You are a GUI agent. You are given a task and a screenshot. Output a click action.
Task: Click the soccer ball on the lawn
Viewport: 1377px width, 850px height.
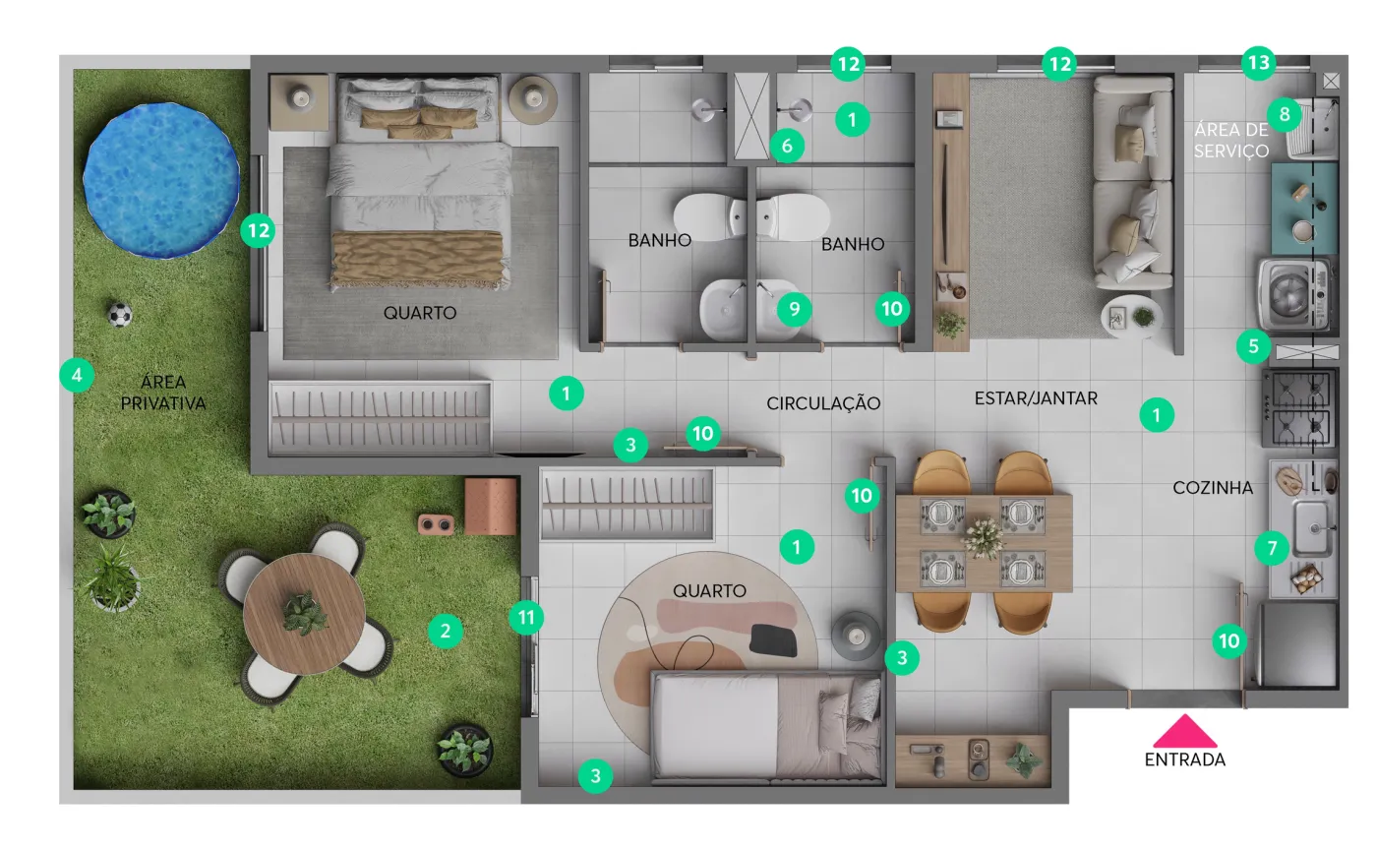[120, 315]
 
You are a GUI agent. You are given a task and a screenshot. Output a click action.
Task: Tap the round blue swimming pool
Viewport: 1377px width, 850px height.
[161, 180]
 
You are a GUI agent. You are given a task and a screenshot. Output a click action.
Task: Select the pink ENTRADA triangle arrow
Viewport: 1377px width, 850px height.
[1184, 731]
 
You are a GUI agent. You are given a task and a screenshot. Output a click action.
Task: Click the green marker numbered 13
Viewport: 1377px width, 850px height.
[1258, 63]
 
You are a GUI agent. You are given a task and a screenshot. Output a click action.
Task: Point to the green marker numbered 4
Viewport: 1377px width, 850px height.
[77, 375]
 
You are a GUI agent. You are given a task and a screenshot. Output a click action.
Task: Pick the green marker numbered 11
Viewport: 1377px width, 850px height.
[527, 617]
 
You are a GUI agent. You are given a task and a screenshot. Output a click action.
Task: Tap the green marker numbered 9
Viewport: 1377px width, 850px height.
[795, 309]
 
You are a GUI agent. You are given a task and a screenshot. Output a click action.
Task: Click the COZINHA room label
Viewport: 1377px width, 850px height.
[1212, 488]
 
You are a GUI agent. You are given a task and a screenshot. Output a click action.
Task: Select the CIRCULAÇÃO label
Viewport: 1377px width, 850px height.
[823, 403]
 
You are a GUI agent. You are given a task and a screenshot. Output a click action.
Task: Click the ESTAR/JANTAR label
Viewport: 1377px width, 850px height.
[1036, 398]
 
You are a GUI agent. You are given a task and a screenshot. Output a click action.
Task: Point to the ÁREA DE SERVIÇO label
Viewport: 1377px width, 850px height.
[1231, 141]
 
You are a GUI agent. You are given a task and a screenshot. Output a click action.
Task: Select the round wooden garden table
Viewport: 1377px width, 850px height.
[304, 613]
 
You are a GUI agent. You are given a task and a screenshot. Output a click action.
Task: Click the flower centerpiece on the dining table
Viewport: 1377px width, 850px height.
[984, 538]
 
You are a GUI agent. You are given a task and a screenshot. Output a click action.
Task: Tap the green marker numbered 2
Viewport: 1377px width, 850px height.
[445, 631]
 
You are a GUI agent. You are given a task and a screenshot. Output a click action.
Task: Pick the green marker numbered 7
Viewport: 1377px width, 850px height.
[1272, 547]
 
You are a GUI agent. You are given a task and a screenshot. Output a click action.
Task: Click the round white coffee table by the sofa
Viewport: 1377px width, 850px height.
[1131, 318]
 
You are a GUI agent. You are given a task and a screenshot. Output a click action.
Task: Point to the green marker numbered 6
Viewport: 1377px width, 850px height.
[787, 146]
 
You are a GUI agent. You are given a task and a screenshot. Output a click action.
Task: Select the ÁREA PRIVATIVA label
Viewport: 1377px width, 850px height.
[163, 393]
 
